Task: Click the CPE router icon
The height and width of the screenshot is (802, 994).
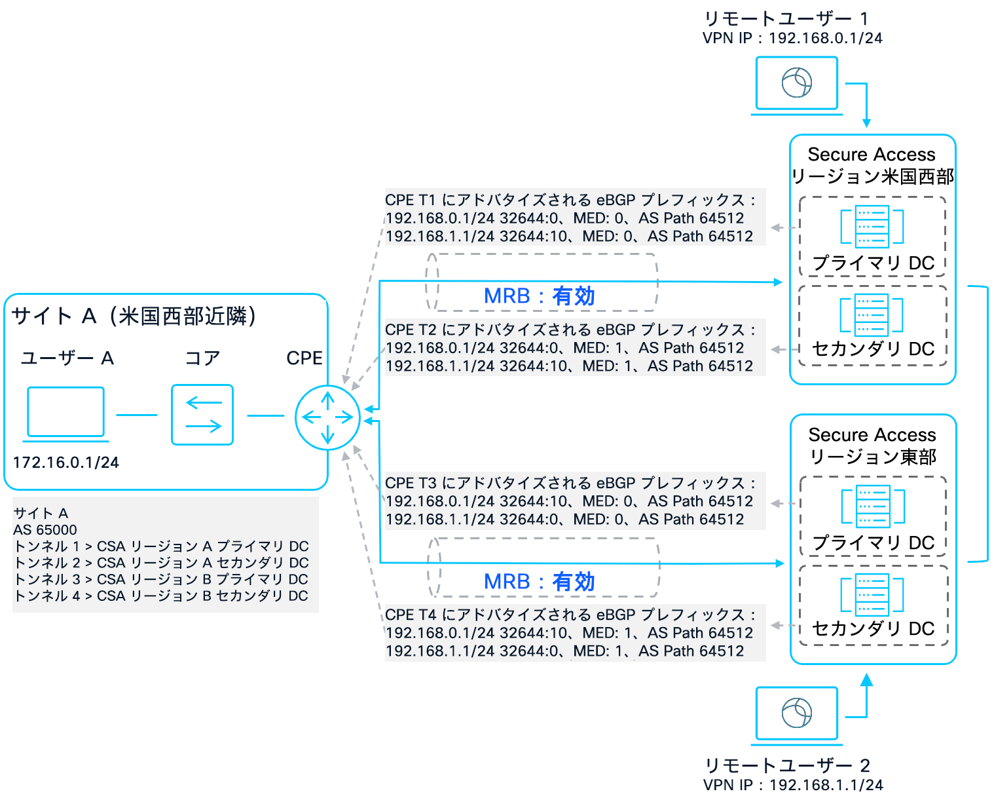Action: (x=327, y=417)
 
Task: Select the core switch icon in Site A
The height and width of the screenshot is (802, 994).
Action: (x=202, y=415)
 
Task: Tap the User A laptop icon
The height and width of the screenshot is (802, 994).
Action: (x=65, y=413)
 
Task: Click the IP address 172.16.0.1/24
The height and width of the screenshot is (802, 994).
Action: (x=65, y=463)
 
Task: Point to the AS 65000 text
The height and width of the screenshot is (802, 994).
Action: (x=45, y=529)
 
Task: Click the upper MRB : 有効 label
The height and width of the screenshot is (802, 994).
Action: (x=539, y=296)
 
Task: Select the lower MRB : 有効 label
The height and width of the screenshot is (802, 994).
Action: (x=539, y=581)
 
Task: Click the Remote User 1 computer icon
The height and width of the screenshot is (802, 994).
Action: (x=796, y=84)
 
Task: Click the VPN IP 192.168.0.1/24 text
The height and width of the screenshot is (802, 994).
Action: (x=792, y=38)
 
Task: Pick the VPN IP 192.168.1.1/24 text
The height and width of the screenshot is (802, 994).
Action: (x=792, y=785)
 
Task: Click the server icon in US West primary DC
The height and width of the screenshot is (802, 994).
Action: (x=872, y=227)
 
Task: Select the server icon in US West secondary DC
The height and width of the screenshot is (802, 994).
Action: (x=872, y=315)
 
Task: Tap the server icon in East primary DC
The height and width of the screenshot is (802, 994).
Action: (x=872, y=506)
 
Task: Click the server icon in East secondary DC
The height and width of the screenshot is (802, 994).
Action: (x=872, y=595)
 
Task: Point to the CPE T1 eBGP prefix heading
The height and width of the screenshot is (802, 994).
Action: (x=570, y=200)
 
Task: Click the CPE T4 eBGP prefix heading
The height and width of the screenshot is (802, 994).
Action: (x=570, y=615)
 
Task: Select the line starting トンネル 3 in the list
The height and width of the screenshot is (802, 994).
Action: (x=161, y=579)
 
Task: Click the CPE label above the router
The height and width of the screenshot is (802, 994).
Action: (x=304, y=358)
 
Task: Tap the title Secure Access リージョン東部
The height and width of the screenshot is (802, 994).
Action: (x=872, y=446)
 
